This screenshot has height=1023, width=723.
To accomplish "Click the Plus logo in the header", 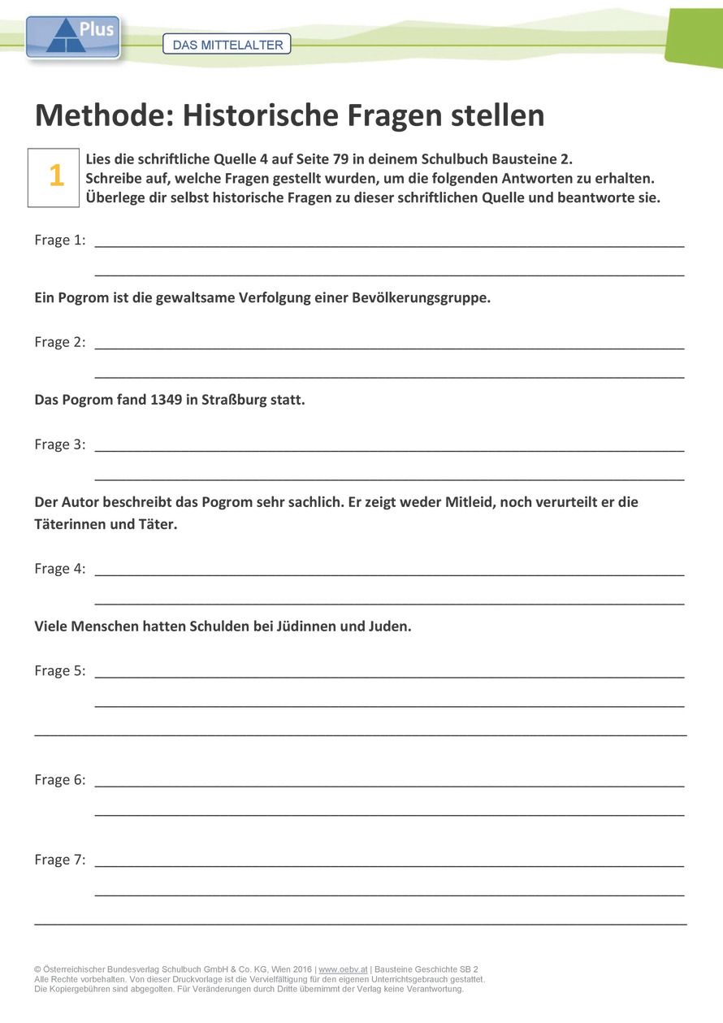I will click(x=73, y=37).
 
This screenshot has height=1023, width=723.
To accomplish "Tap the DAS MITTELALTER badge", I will click(x=227, y=45).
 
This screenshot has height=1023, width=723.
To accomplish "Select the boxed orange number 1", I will click(x=56, y=176).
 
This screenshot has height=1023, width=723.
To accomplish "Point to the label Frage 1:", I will click(x=60, y=240).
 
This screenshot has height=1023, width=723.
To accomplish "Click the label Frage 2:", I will click(x=60, y=342).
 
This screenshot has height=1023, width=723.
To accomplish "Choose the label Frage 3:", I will click(x=60, y=444).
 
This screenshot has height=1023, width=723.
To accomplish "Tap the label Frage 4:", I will click(x=60, y=569).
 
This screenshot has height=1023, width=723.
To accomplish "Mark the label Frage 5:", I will click(x=60, y=670).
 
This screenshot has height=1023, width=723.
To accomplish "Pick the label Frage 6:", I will click(x=60, y=780).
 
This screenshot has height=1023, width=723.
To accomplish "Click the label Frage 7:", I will click(x=60, y=860).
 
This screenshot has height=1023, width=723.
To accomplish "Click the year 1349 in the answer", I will click(x=167, y=400).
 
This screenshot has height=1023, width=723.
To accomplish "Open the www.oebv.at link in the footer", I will click(x=343, y=969).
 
